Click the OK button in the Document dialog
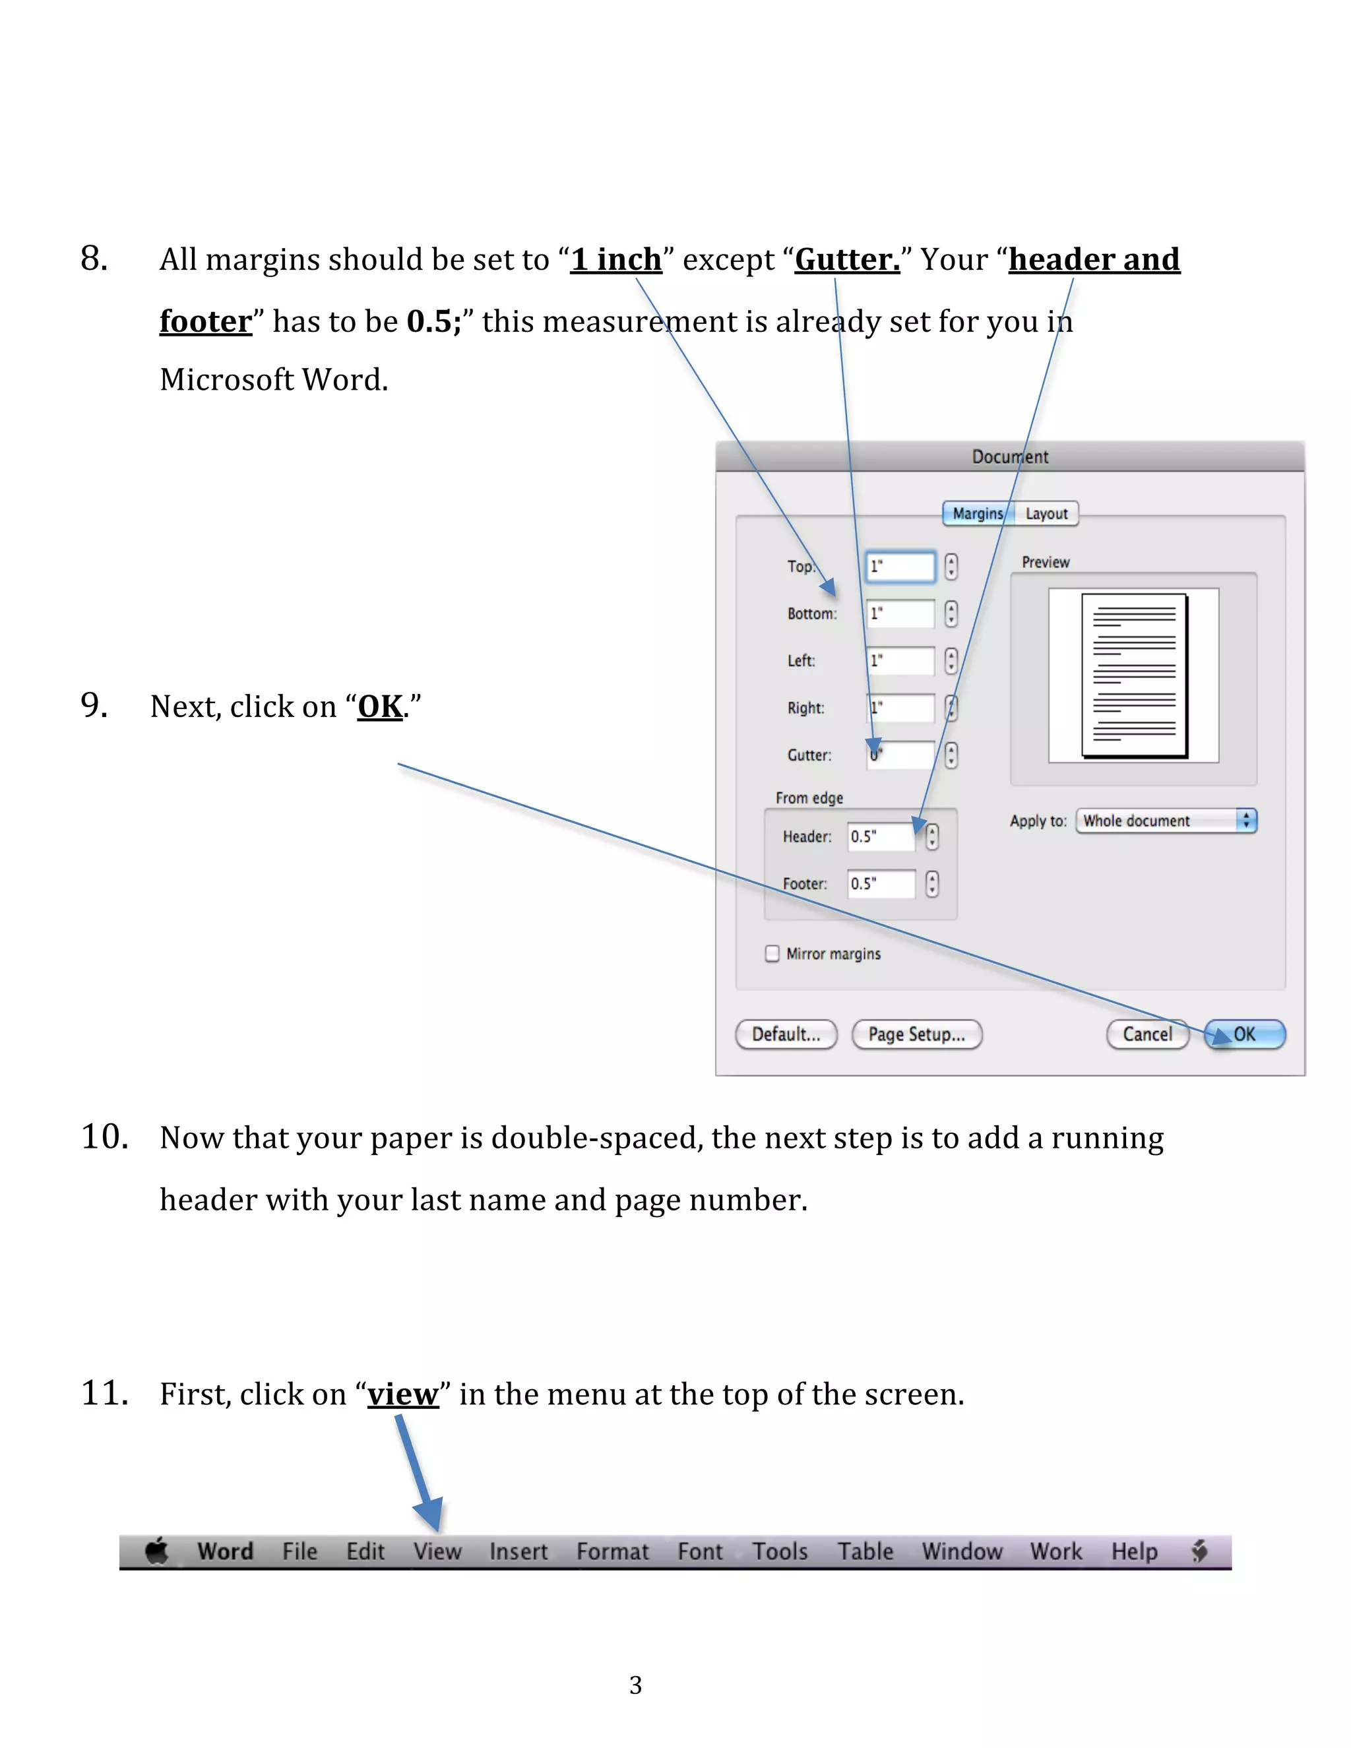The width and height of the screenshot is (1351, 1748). coord(1245,1034)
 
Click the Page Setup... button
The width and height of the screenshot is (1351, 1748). coord(916,1034)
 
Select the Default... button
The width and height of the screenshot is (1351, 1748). coord(786,1034)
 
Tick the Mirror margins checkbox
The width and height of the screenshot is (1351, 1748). coord(772,953)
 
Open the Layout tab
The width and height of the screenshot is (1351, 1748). coord(1046,514)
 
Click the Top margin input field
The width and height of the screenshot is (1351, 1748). coord(900,567)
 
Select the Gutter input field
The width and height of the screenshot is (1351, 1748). coord(900,755)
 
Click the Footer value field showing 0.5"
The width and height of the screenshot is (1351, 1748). coord(881,884)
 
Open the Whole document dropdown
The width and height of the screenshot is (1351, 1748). coord(1166,821)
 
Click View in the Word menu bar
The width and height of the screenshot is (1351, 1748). coord(437,1551)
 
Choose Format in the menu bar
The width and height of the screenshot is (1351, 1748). coord(612,1551)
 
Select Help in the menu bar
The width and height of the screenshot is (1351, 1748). coord(1134,1551)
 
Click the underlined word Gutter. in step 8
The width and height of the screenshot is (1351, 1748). coord(847,260)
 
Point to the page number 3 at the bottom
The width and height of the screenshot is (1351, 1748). coord(635,1685)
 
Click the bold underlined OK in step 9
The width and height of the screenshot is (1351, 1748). coord(380,706)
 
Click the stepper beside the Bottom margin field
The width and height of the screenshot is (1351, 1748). coord(951,614)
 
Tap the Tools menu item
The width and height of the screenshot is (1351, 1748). coord(780,1551)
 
